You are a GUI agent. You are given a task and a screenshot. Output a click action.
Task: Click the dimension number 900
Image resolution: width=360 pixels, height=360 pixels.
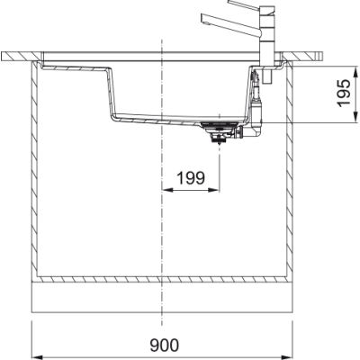(164, 346)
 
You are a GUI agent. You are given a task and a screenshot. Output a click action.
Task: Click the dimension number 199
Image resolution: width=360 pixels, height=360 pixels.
(191, 178)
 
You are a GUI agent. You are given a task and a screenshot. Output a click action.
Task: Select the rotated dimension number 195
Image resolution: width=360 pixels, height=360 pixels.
(344, 93)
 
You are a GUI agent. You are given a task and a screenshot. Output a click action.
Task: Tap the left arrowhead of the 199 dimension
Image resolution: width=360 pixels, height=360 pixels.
(167, 190)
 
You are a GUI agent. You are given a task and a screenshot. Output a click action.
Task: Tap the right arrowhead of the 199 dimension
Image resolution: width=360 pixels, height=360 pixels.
(214, 190)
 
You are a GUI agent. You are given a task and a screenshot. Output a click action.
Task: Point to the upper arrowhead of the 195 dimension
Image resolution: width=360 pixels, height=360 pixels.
(355, 72)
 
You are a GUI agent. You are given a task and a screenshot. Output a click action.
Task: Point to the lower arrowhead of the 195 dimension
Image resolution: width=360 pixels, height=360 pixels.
(355, 117)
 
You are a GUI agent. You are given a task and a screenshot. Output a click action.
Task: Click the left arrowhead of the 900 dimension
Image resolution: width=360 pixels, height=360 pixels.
(37, 357)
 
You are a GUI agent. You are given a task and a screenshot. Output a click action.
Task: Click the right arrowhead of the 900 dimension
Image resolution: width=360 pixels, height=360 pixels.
(287, 357)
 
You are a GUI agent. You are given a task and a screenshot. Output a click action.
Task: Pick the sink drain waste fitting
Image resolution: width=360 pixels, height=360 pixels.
(220, 132)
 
